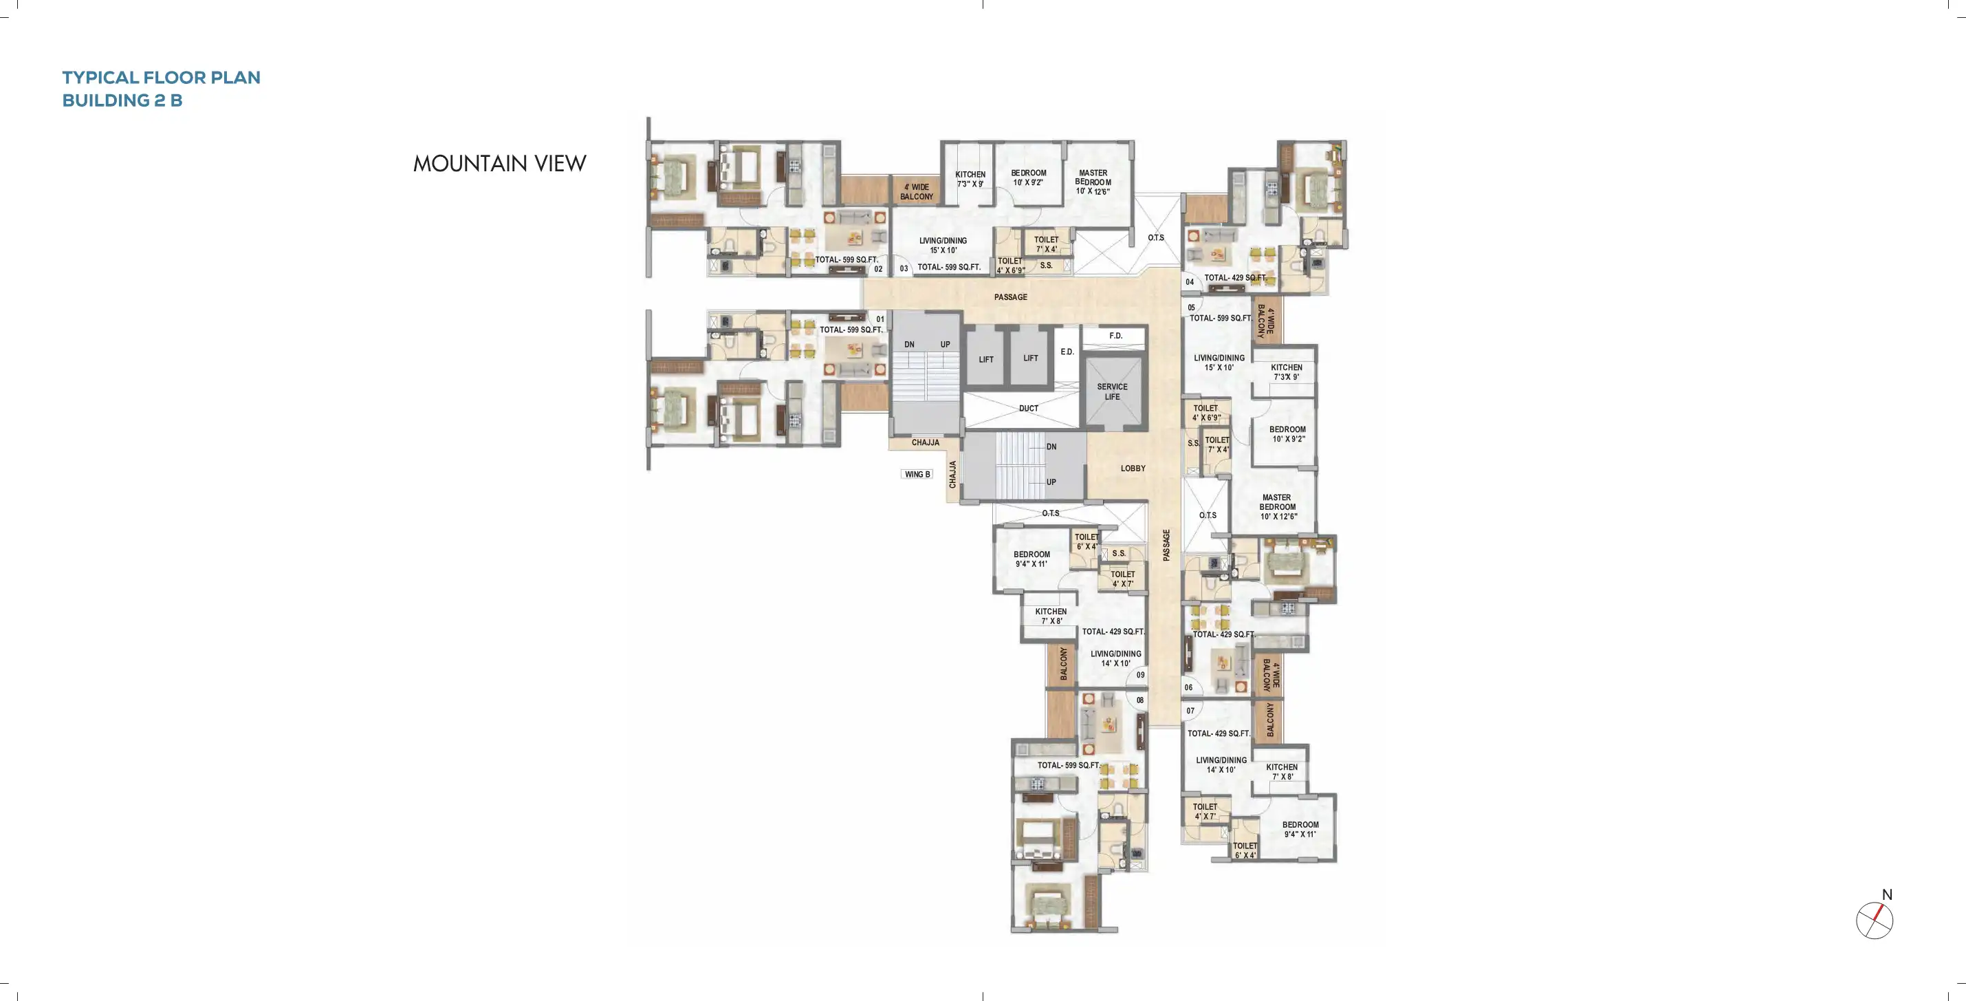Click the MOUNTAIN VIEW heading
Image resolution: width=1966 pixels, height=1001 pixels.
[x=499, y=164]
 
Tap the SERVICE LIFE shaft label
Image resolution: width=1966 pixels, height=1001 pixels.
[x=1112, y=391]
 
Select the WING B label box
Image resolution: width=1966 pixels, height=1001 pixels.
[x=917, y=474]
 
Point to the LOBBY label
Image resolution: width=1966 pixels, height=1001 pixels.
[x=1133, y=468]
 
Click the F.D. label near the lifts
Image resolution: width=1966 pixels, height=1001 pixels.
[x=1115, y=336]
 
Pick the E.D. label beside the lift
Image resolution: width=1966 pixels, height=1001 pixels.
[x=1067, y=352]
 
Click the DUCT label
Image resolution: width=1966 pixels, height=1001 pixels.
[x=1028, y=409]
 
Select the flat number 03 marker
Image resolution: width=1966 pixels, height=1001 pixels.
[x=904, y=269]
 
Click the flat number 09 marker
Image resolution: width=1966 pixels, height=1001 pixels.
[x=1140, y=675]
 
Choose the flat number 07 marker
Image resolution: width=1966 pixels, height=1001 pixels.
[x=1190, y=711]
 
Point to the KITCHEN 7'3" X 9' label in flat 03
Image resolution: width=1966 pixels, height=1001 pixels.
[x=970, y=180]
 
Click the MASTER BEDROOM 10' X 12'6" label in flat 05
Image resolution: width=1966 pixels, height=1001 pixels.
[x=1278, y=507]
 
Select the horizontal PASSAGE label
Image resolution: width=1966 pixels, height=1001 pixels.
[x=1010, y=297]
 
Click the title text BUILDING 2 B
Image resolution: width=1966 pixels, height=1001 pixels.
[x=122, y=100]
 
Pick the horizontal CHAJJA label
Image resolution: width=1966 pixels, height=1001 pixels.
[x=925, y=443]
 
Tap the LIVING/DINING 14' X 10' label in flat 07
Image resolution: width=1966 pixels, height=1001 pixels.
[x=1221, y=765]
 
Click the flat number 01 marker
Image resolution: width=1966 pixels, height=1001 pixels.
[x=880, y=319]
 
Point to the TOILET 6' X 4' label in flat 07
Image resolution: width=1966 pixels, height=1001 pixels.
[x=1245, y=850]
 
